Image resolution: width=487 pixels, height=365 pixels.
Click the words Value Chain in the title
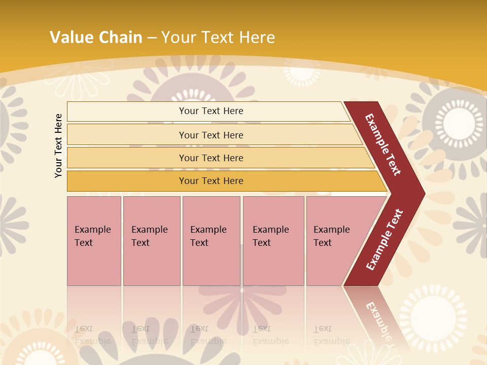(96, 37)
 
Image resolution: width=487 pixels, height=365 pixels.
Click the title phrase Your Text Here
(218, 37)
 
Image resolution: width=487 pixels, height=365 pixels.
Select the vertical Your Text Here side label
(58, 145)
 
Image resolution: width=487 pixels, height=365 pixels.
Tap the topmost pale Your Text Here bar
(211, 111)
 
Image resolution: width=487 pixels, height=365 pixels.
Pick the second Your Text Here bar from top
(211, 135)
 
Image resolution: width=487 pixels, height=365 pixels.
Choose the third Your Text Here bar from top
(211, 158)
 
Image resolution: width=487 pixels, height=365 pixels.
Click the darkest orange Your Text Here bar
(211, 181)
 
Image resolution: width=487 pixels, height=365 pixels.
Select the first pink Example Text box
(94, 240)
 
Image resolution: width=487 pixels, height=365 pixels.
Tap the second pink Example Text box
(151, 240)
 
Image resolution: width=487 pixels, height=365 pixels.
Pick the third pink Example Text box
(211, 240)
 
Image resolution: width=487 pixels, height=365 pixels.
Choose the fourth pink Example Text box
(273, 240)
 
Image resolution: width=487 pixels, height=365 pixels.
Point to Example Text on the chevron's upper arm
(383, 144)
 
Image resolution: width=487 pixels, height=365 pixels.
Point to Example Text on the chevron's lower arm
(385, 239)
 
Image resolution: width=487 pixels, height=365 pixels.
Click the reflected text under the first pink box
(92, 335)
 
